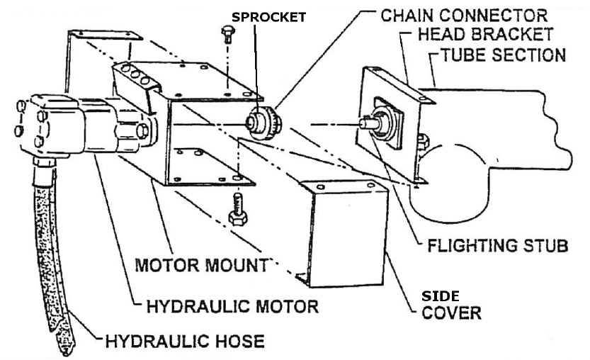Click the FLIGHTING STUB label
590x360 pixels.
(498, 246)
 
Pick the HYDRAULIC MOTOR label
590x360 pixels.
(232, 307)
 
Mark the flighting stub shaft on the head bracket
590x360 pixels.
(373, 123)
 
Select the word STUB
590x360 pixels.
(543, 246)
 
